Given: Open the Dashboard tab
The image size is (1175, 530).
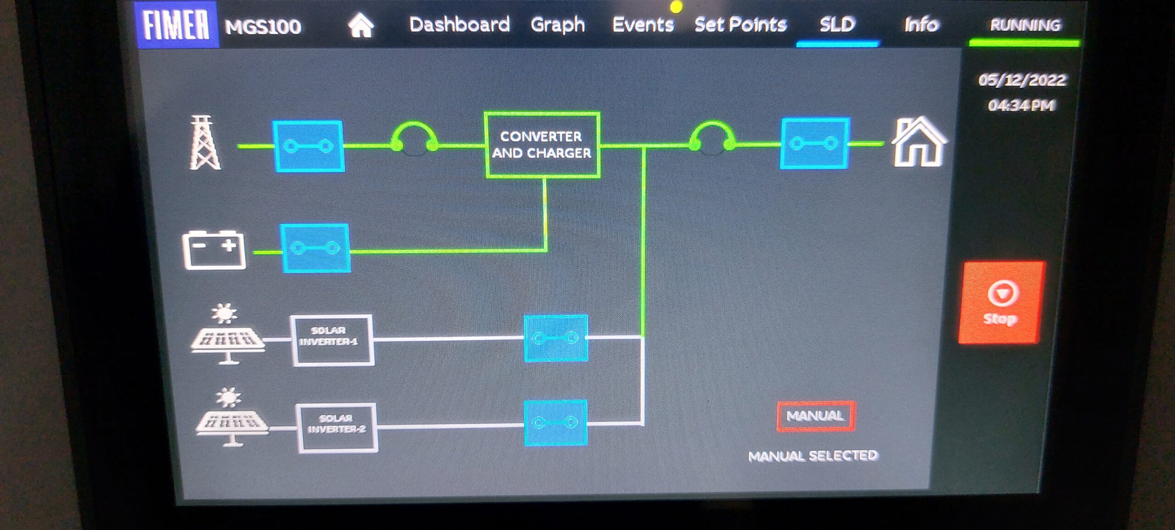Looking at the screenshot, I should [459, 24].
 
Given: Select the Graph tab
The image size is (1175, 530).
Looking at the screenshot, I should [558, 25].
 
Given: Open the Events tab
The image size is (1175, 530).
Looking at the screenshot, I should [643, 24].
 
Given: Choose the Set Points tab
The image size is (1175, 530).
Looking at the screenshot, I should [740, 24].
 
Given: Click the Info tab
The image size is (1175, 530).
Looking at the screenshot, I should [921, 24].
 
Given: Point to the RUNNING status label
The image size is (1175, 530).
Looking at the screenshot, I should [1025, 25].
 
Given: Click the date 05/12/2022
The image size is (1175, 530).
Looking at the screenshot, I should [1022, 80].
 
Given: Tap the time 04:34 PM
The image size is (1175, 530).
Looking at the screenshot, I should [1021, 106].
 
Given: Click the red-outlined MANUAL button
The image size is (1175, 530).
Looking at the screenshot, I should [816, 416].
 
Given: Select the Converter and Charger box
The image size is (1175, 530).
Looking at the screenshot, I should [542, 145].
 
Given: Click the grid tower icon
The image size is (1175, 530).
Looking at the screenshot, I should [205, 143].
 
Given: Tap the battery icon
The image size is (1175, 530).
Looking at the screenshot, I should [214, 249].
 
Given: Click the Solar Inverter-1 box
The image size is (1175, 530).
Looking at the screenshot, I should [332, 340].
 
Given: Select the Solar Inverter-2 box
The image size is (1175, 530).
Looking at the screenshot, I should [337, 428].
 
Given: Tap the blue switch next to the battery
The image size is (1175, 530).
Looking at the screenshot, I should [315, 248].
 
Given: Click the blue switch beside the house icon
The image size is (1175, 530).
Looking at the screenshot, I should [815, 143].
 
